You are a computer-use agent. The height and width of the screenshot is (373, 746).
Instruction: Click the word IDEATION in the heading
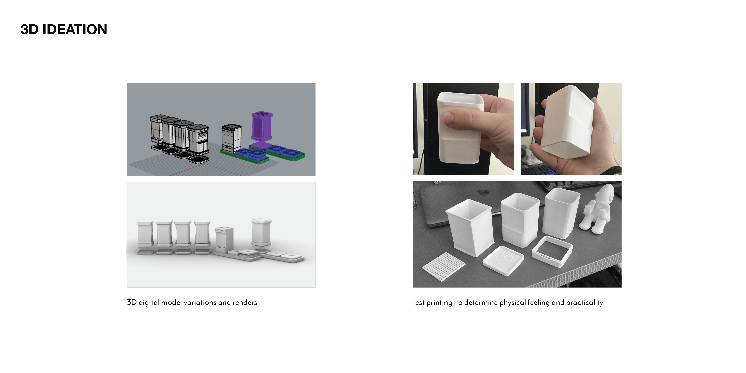75,30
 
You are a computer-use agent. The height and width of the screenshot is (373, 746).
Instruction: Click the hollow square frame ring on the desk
552,251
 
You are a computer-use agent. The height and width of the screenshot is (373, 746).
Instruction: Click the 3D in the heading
29,30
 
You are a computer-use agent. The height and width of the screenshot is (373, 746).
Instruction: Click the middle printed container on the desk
520,220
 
